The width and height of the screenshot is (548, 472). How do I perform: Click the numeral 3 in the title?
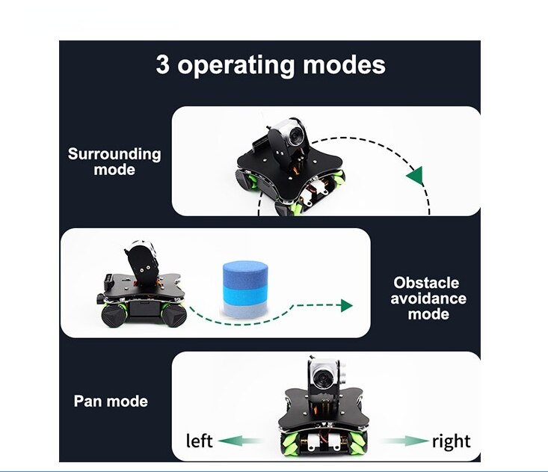pyautogui.click(x=162, y=64)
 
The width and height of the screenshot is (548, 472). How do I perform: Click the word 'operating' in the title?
pyautogui.click(x=237, y=66)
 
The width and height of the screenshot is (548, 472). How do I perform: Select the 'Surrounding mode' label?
pyautogui.click(x=114, y=162)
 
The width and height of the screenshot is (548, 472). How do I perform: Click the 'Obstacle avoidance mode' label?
pyautogui.click(x=429, y=298)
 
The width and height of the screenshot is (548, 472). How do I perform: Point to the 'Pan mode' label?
pyautogui.click(x=111, y=401)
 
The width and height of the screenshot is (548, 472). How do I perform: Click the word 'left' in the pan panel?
pyautogui.click(x=199, y=441)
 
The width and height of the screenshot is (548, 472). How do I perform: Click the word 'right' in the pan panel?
pyautogui.click(x=451, y=441)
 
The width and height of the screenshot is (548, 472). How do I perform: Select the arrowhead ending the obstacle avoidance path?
pyautogui.click(x=345, y=305)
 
